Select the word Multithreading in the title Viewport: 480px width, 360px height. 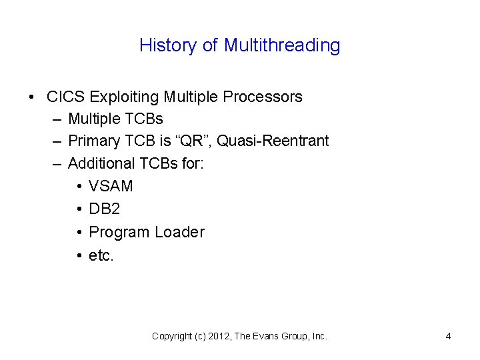pyautogui.click(x=282, y=45)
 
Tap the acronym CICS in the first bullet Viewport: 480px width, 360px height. pyautogui.click(x=66, y=97)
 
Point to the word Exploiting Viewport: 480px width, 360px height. pyautogui.click(x=123, y=97)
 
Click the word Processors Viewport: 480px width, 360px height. pyautogui.click(x=263, y=97)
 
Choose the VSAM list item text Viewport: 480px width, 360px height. pyautogui.click(x=111, y=186)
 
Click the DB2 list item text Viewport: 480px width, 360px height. pyautogui.click(x=105, y=209)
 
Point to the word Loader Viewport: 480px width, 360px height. pyautogui.click(x=179, y=232)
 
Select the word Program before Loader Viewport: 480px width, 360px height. pyautogui.click(x=119, y=232)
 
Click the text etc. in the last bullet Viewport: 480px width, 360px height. pyautogui.click(x=101, y=255)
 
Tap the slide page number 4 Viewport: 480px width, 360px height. pyautogui.click(x=448, y=336)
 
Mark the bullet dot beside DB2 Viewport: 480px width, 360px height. pyautogui.click(x=79, y=209)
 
